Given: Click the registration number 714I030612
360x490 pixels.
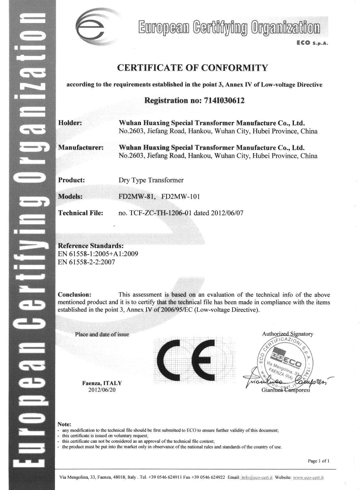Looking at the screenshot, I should pyautogui.click(x=222, y=101).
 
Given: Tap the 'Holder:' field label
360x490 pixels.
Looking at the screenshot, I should pyautogui.click(x=70, y=123).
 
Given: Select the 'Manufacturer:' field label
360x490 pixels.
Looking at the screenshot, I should pyautogui.click(x=81, y=148).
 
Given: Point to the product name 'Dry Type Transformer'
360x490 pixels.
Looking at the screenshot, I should pyautogui.click(x=151, y=180).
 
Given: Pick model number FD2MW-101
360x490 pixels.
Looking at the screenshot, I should pyautogui.click(x=180, y=196).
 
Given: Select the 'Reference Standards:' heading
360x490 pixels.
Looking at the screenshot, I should pyautogui.click(x=91, y=246).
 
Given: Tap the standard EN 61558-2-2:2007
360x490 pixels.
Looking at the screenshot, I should pyautogui.click(x=86, y=262).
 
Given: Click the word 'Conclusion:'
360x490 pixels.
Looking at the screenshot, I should pyautogui.click(x=75, y=295).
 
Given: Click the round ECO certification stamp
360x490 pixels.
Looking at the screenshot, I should pyautogui.click(x=286, y=362).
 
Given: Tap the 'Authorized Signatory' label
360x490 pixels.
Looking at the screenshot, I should pyautogui.click(x=288, y=334).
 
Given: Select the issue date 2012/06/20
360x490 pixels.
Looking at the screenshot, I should pyautogui.click(x=102, y=390).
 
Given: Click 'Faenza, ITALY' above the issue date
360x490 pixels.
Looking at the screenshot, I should pyautogui.click(x=102, y=383).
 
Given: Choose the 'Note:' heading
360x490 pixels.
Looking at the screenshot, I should pyautogui.click(x=64, y=424).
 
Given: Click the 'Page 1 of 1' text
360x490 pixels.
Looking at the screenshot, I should pyautogui.click(x=318, y=461).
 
